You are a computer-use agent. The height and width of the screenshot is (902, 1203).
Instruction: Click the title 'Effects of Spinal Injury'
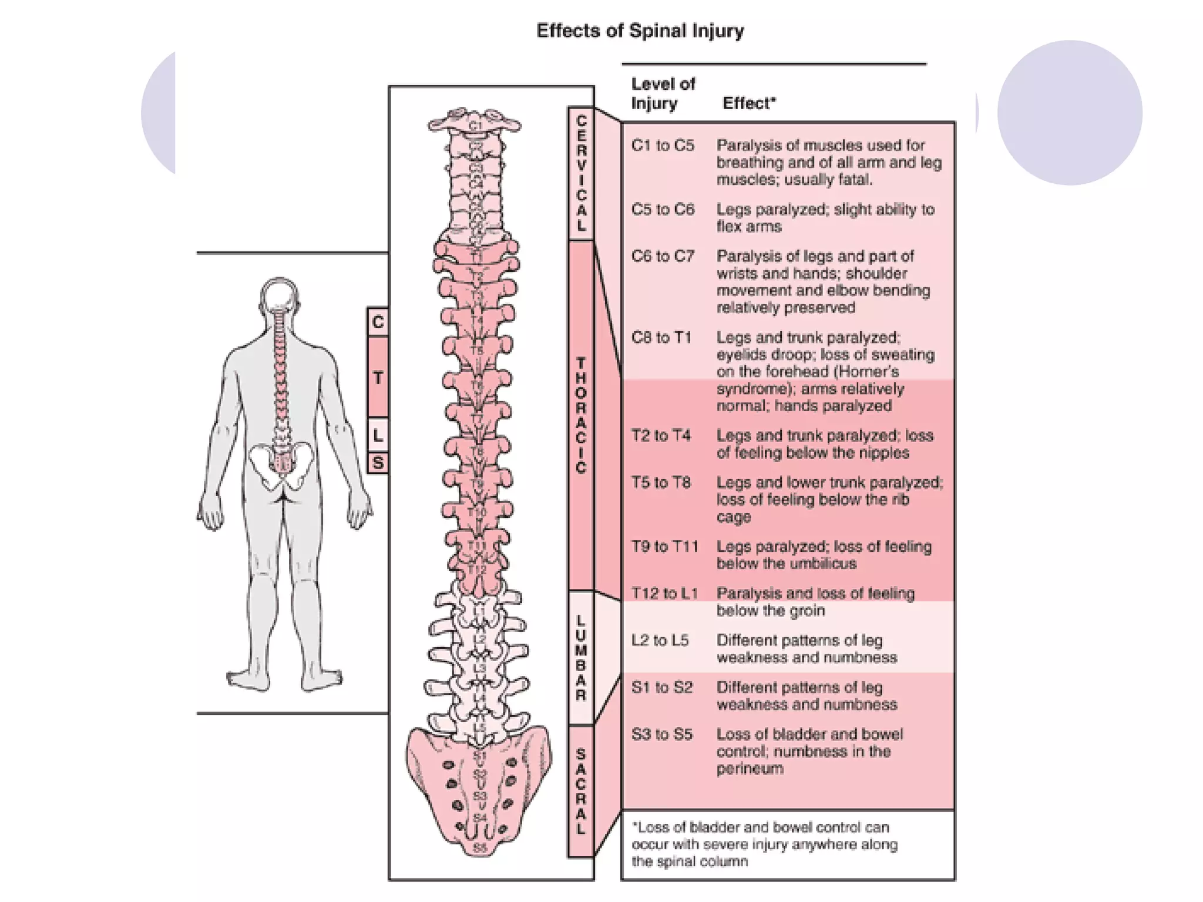coord(640,31)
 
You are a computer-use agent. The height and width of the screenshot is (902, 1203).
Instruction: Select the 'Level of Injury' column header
coord(663,93)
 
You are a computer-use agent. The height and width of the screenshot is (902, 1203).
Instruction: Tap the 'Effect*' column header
coord(749,103)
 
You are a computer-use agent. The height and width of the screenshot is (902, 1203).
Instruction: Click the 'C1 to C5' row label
coord(663,145)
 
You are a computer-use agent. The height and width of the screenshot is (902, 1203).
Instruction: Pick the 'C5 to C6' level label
coord(663,209)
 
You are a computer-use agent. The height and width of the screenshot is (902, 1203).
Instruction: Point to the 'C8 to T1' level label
coord(661,338)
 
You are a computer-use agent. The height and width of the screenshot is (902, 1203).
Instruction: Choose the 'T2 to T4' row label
coord(661,436)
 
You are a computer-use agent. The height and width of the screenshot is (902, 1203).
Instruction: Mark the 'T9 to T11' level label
coord(664,547)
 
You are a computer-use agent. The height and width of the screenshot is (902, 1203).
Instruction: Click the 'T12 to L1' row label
coord(664,593)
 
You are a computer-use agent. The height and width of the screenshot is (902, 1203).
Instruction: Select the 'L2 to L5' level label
coord(660,640)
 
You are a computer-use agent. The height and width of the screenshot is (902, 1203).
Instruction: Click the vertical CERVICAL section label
coord(581,173)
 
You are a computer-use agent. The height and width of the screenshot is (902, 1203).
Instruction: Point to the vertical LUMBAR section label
coord(581,658)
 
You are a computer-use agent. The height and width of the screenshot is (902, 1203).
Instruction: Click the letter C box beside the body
coord(378,322)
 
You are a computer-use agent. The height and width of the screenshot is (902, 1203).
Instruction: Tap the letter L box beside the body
coord(378,435)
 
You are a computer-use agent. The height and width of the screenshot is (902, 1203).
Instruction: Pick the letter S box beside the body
coord(378,463)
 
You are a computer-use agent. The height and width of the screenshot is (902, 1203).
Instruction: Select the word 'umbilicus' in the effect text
coord(821,564)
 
